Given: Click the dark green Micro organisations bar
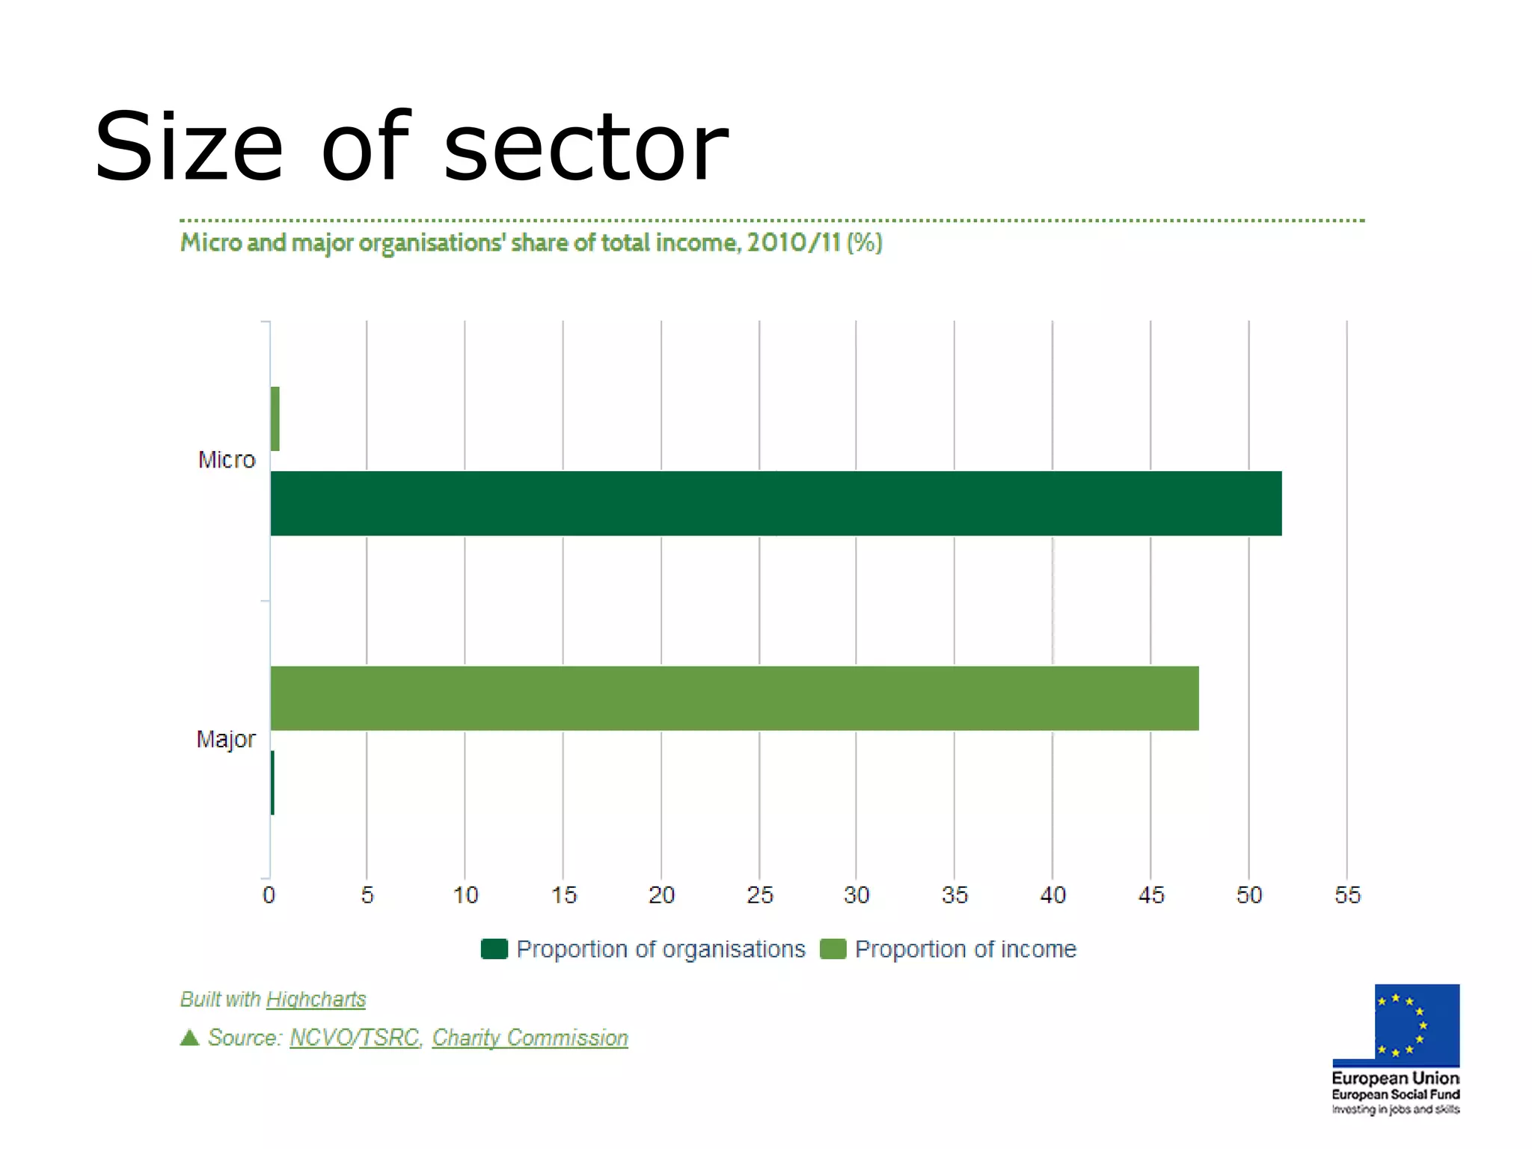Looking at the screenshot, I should pyautogui.click(x=776, y=503).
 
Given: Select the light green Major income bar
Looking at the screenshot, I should pyautogui.click(x=734, y=698).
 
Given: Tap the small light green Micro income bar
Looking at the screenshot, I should pyautogui.click(x=275, y=419).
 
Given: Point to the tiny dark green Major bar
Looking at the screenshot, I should pyautogui.click(x=272, y=782).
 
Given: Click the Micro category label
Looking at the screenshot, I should pyautogui.click(x=227, y=459).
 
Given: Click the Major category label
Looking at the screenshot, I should pyautogui.click(x=226, y=739).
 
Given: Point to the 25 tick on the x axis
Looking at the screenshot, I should pyautogui.click(x=760, y=895).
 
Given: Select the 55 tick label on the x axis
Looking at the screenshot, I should pyautogui.click(x=1347, y=895).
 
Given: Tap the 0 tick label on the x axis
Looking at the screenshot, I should pyautogui.click(x=269, y=895).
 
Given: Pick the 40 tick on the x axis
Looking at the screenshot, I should pyautogui.click(x=1053, y=895).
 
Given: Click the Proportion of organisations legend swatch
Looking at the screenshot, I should pyautogui.click(x=494, y=949).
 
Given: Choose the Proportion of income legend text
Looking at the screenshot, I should pyautogui.click(x=965, y=949).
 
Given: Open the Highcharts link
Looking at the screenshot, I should pyautogui.click(x=316, y=999).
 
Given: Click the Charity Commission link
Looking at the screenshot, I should pyautogui.click(x=530, y=1038).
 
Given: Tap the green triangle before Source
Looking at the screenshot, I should pyautogui.click(x=190, y=1038).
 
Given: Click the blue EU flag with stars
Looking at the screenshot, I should pyautogui.click(x=1416, y=1023).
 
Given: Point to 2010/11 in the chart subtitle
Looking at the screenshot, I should pyautogui.click(x=794, y=242).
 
